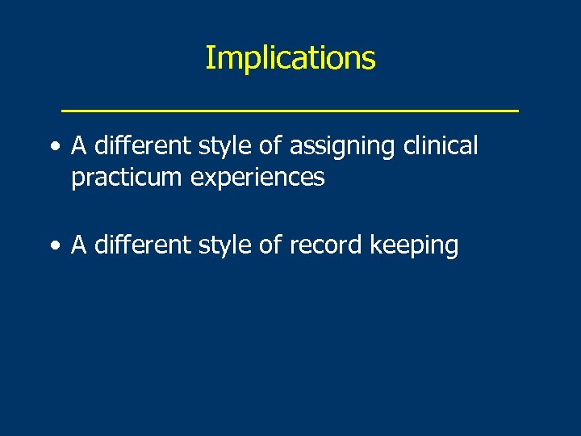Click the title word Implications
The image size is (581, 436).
click(290, 59)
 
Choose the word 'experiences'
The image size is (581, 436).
click(257, 178)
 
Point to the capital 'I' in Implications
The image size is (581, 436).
click(209, 58)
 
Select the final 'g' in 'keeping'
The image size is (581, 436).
click(451, 249)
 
